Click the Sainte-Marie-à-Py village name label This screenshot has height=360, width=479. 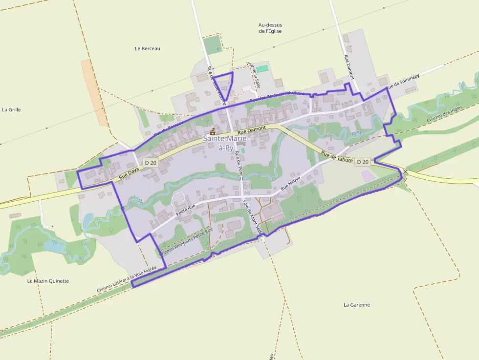click(x=226, y=144)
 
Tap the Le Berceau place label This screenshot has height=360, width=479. click(x=148, y=48)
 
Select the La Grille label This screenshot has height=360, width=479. click(x=11, y=109)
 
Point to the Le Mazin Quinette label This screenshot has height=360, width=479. click(x=48, y=281)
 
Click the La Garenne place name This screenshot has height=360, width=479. click(x=357, y=305)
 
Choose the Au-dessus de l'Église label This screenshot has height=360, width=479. click(x=270, y=28)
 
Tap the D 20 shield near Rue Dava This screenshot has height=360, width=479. click(x=151, y=162)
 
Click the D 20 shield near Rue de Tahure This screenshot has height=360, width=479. click(x=363, y=161)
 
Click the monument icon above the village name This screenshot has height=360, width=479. click(x=213, y=131)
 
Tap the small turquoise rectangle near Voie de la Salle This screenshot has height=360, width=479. click(x=262, y=69)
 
